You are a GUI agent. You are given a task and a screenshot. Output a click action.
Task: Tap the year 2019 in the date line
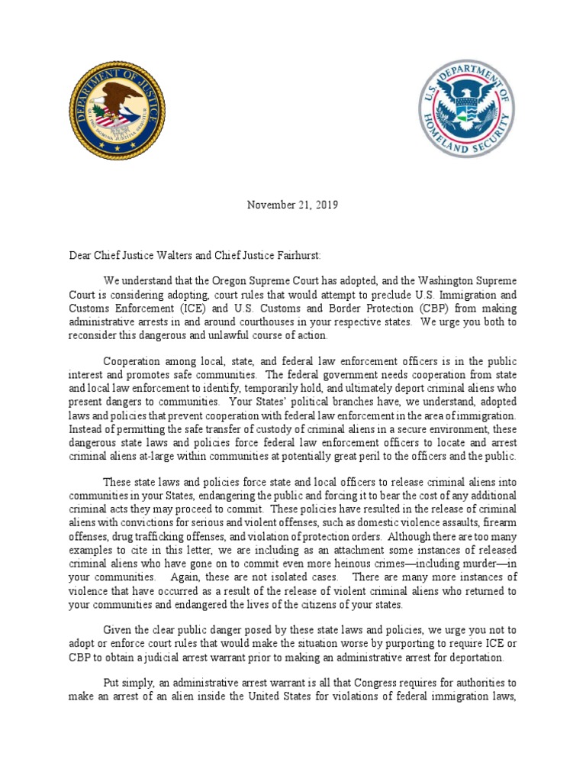[325, 205]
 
